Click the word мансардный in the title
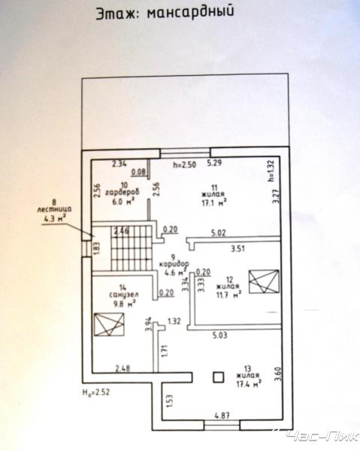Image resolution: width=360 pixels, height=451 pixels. [x=190, y=13]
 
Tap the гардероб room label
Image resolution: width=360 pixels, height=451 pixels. [x=123, y=192]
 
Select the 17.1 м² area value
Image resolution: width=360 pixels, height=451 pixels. [x=213, y=203]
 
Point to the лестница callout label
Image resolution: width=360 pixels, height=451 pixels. [x=54, y=210]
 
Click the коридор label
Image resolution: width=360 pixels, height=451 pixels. [x=174, y=264]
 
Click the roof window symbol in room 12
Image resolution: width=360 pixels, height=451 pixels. [x=264, y=281]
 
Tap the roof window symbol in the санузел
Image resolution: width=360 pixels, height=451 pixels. [x=109, y=324]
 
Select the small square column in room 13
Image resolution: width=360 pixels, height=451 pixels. [x=219, y=377]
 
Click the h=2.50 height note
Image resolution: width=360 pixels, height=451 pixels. [x=184, y=165]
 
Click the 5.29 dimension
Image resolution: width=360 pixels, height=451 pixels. [x=214, y=163]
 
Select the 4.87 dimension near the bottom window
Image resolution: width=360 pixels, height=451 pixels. [x=222, y=416]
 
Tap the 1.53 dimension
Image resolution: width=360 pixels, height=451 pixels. [x=169, y=401]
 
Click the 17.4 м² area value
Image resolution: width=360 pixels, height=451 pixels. [x=249, y=383]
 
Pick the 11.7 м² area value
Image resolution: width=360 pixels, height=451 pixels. [x=228, y=295]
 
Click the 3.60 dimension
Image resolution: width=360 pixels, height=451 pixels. [x=277, y=374]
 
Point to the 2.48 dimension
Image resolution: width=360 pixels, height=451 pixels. [x=123, y=368]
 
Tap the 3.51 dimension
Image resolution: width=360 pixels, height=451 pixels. [x=238, y=248]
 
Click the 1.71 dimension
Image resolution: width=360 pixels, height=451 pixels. [x=165, y=351]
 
